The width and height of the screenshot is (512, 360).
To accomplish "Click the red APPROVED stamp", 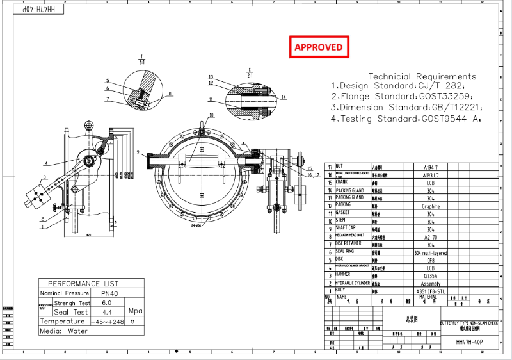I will click(318, 47).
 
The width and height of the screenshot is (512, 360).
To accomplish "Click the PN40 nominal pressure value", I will click(106, 292).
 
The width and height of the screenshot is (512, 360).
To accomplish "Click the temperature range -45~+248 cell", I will click(108, 322).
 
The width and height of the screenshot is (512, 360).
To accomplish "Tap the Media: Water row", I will click(64, 331).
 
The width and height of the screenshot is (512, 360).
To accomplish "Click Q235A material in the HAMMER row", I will click(430, 274).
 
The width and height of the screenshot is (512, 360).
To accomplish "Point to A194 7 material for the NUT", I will click(430, 166).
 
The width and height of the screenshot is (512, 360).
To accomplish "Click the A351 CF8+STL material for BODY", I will click(430, 290).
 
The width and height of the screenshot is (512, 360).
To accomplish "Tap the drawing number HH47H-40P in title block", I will click(470, 342).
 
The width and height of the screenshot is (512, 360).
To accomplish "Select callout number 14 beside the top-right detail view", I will click(284, 97).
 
